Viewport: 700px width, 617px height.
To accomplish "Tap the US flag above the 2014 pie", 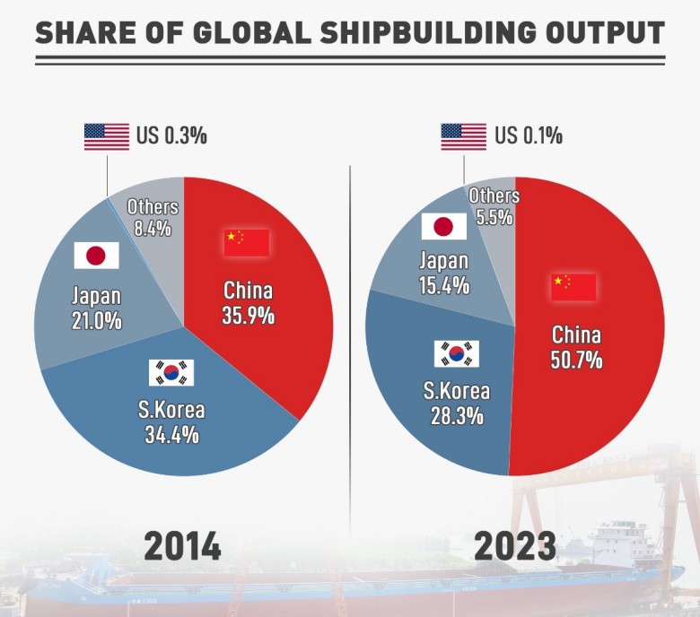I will (107, 136).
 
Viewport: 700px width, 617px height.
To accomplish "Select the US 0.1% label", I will (529, 136).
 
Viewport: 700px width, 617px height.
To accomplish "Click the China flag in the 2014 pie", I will (247, 242).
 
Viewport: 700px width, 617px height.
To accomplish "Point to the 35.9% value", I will (248, 316).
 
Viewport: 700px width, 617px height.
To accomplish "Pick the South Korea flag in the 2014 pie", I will (171, 372).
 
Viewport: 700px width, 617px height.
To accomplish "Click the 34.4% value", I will (171, 436).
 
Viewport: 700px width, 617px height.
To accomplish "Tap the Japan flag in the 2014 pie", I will (96, 256).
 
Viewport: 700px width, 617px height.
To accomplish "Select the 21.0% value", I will (97, 320).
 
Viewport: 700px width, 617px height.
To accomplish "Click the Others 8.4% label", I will (153, 217).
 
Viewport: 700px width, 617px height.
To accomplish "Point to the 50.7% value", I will (576, 361).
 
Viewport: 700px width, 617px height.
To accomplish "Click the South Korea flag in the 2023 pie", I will (456, 353).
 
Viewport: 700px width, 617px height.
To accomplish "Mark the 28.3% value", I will (457, 416).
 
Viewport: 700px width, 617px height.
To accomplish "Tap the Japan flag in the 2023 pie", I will (443, 226).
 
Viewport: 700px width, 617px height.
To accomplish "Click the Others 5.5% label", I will (494, 205).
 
